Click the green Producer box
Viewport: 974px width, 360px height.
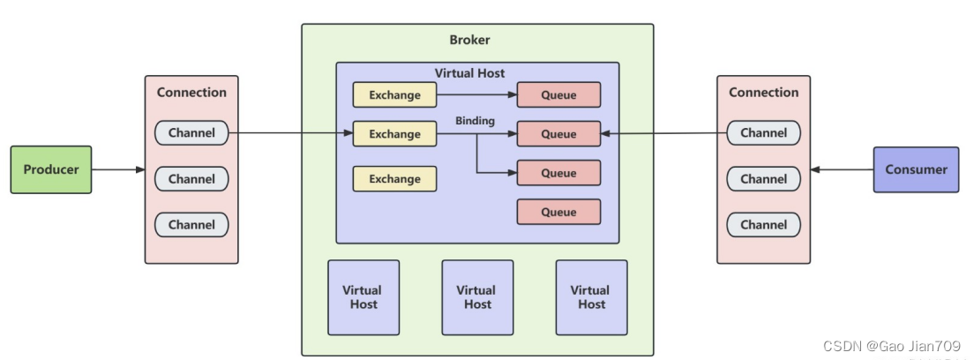[50, 169]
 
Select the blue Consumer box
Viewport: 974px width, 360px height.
[916, 169]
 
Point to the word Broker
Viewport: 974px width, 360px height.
[469, 40]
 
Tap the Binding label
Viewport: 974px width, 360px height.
[475, 120]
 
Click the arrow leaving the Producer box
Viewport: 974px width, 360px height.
[118, 169]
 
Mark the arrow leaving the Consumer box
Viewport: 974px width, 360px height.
[842, 169]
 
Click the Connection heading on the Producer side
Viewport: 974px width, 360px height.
[191, 92]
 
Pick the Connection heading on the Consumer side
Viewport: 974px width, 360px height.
[763, 92]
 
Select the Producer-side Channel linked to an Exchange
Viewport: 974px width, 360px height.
[191, 133]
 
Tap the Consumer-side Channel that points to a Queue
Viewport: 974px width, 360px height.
[763, 133]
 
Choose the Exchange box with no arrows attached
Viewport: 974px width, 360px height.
[394, 179]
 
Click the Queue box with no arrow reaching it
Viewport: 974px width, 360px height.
[558, 212]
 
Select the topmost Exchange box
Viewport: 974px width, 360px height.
[394, 94]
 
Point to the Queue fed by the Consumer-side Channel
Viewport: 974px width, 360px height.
[558, 134]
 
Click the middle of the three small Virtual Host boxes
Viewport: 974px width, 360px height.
[476, 297]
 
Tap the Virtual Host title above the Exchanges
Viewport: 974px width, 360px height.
[469, 73]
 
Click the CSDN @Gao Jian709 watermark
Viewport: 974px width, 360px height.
[891, 346]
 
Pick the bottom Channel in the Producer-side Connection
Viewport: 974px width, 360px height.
[191, 225]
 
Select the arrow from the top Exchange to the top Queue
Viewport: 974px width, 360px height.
[476, 94]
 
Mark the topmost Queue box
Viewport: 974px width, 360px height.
[558, 94]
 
